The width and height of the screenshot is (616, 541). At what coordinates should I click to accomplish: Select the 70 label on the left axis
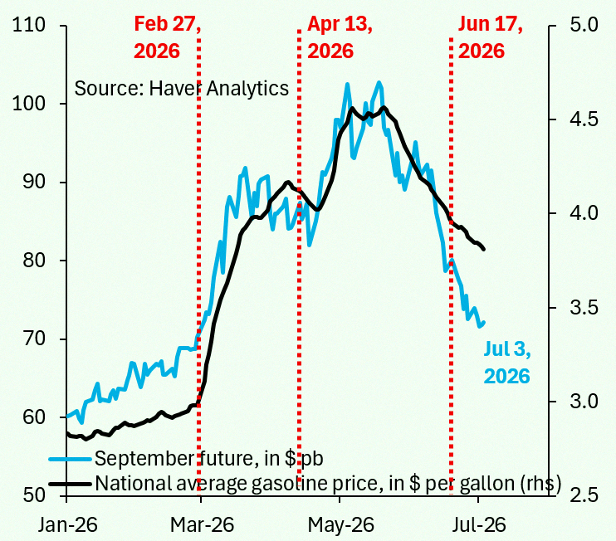coord(34,339)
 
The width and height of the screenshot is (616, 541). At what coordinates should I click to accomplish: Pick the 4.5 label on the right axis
coord(584,119)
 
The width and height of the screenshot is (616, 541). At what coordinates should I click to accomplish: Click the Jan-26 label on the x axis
coord(67,524)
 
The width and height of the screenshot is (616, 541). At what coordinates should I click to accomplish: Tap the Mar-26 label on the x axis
coord(203,524)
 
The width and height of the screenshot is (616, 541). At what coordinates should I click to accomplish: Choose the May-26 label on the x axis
coord(341,524)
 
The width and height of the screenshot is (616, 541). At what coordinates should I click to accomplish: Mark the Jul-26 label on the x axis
coord(479,524)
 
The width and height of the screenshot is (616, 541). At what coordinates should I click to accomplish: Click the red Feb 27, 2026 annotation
coord(168,37)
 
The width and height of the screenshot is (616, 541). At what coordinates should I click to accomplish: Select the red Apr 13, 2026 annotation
coord(340,37)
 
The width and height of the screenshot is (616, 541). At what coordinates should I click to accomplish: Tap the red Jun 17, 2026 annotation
coord(491,37)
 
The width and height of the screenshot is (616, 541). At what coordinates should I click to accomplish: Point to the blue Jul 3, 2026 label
coord(507,363)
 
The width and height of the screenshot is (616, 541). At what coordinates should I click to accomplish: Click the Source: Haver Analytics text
coord(182,88)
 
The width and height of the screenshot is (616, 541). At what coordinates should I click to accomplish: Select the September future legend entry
coord(186,458)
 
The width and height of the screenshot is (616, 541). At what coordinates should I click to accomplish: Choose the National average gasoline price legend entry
coord(305,483)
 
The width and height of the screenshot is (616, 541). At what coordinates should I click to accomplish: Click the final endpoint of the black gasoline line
coord(484,249)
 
